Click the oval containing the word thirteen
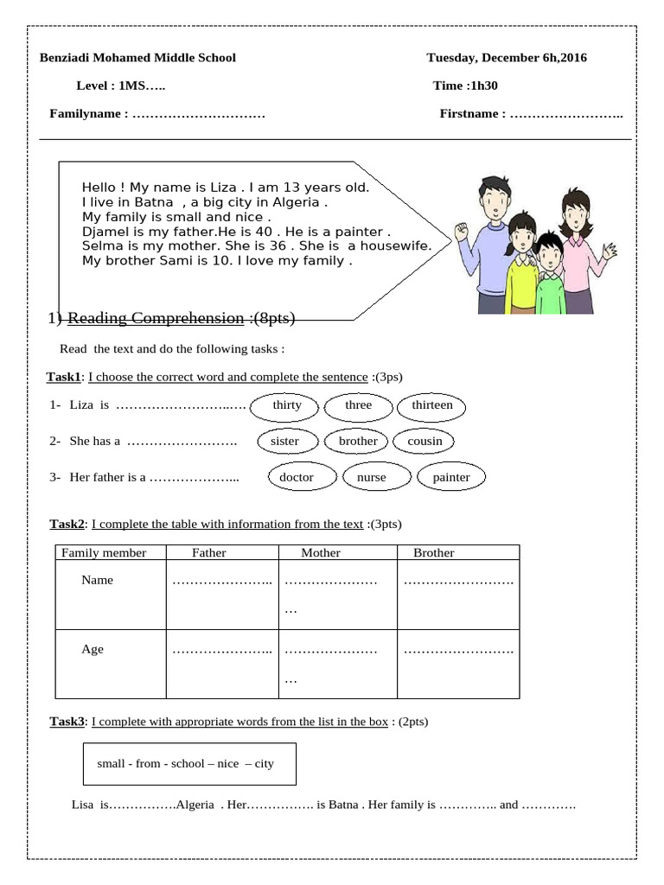[432, 405]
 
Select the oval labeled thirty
[287, 405]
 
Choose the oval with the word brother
[358, 441]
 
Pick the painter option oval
[451, 477]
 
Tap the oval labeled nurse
[372, 477]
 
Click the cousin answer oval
[425, 441]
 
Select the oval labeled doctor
[297, 477]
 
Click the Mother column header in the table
[321, 553]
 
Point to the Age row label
[93, 649]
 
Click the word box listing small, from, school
[190, 764]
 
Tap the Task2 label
[67, 524]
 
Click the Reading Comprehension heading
[156, 319]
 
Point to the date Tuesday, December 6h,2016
[507, 58]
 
